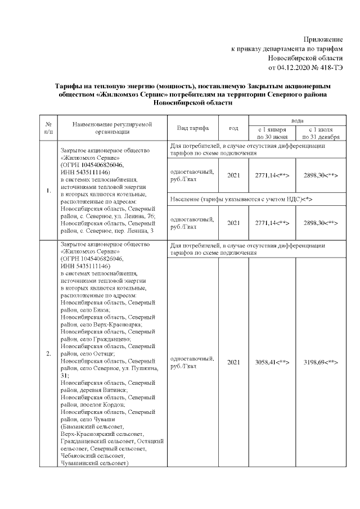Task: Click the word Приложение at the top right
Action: tap(323, 39)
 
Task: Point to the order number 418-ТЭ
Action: tap(328, 68)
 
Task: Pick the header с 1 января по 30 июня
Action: tap(272, 133)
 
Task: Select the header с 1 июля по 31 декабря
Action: tap(320, 133)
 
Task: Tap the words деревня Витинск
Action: tap(102, 390)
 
